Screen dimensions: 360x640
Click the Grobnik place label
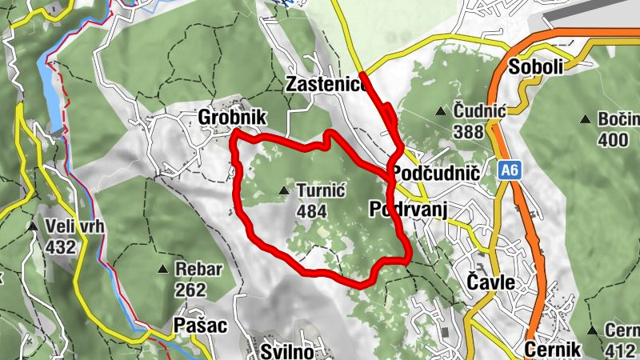pyautogui.click(x=231, y=118)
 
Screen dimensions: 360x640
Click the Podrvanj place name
pyautogui.click(x=407, y=209)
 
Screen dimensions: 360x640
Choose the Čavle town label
pyautogui.click(x=490, y=282)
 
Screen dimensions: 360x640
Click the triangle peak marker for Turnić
pyautogui.click(x=284, y=191)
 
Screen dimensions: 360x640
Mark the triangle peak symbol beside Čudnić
pyautogui.click(x=440, y=110)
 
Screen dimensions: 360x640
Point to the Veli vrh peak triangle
pyautogui.click(x=33, y=227)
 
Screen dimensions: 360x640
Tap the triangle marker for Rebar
pyautogui.click(x=163, y=269)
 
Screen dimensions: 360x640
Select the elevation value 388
pyautogui.click(x=466, y=130)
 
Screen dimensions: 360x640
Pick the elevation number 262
pyautogui.click(x=190, y=290)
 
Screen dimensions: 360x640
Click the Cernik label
pyautogui.click(x=551, y=350)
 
